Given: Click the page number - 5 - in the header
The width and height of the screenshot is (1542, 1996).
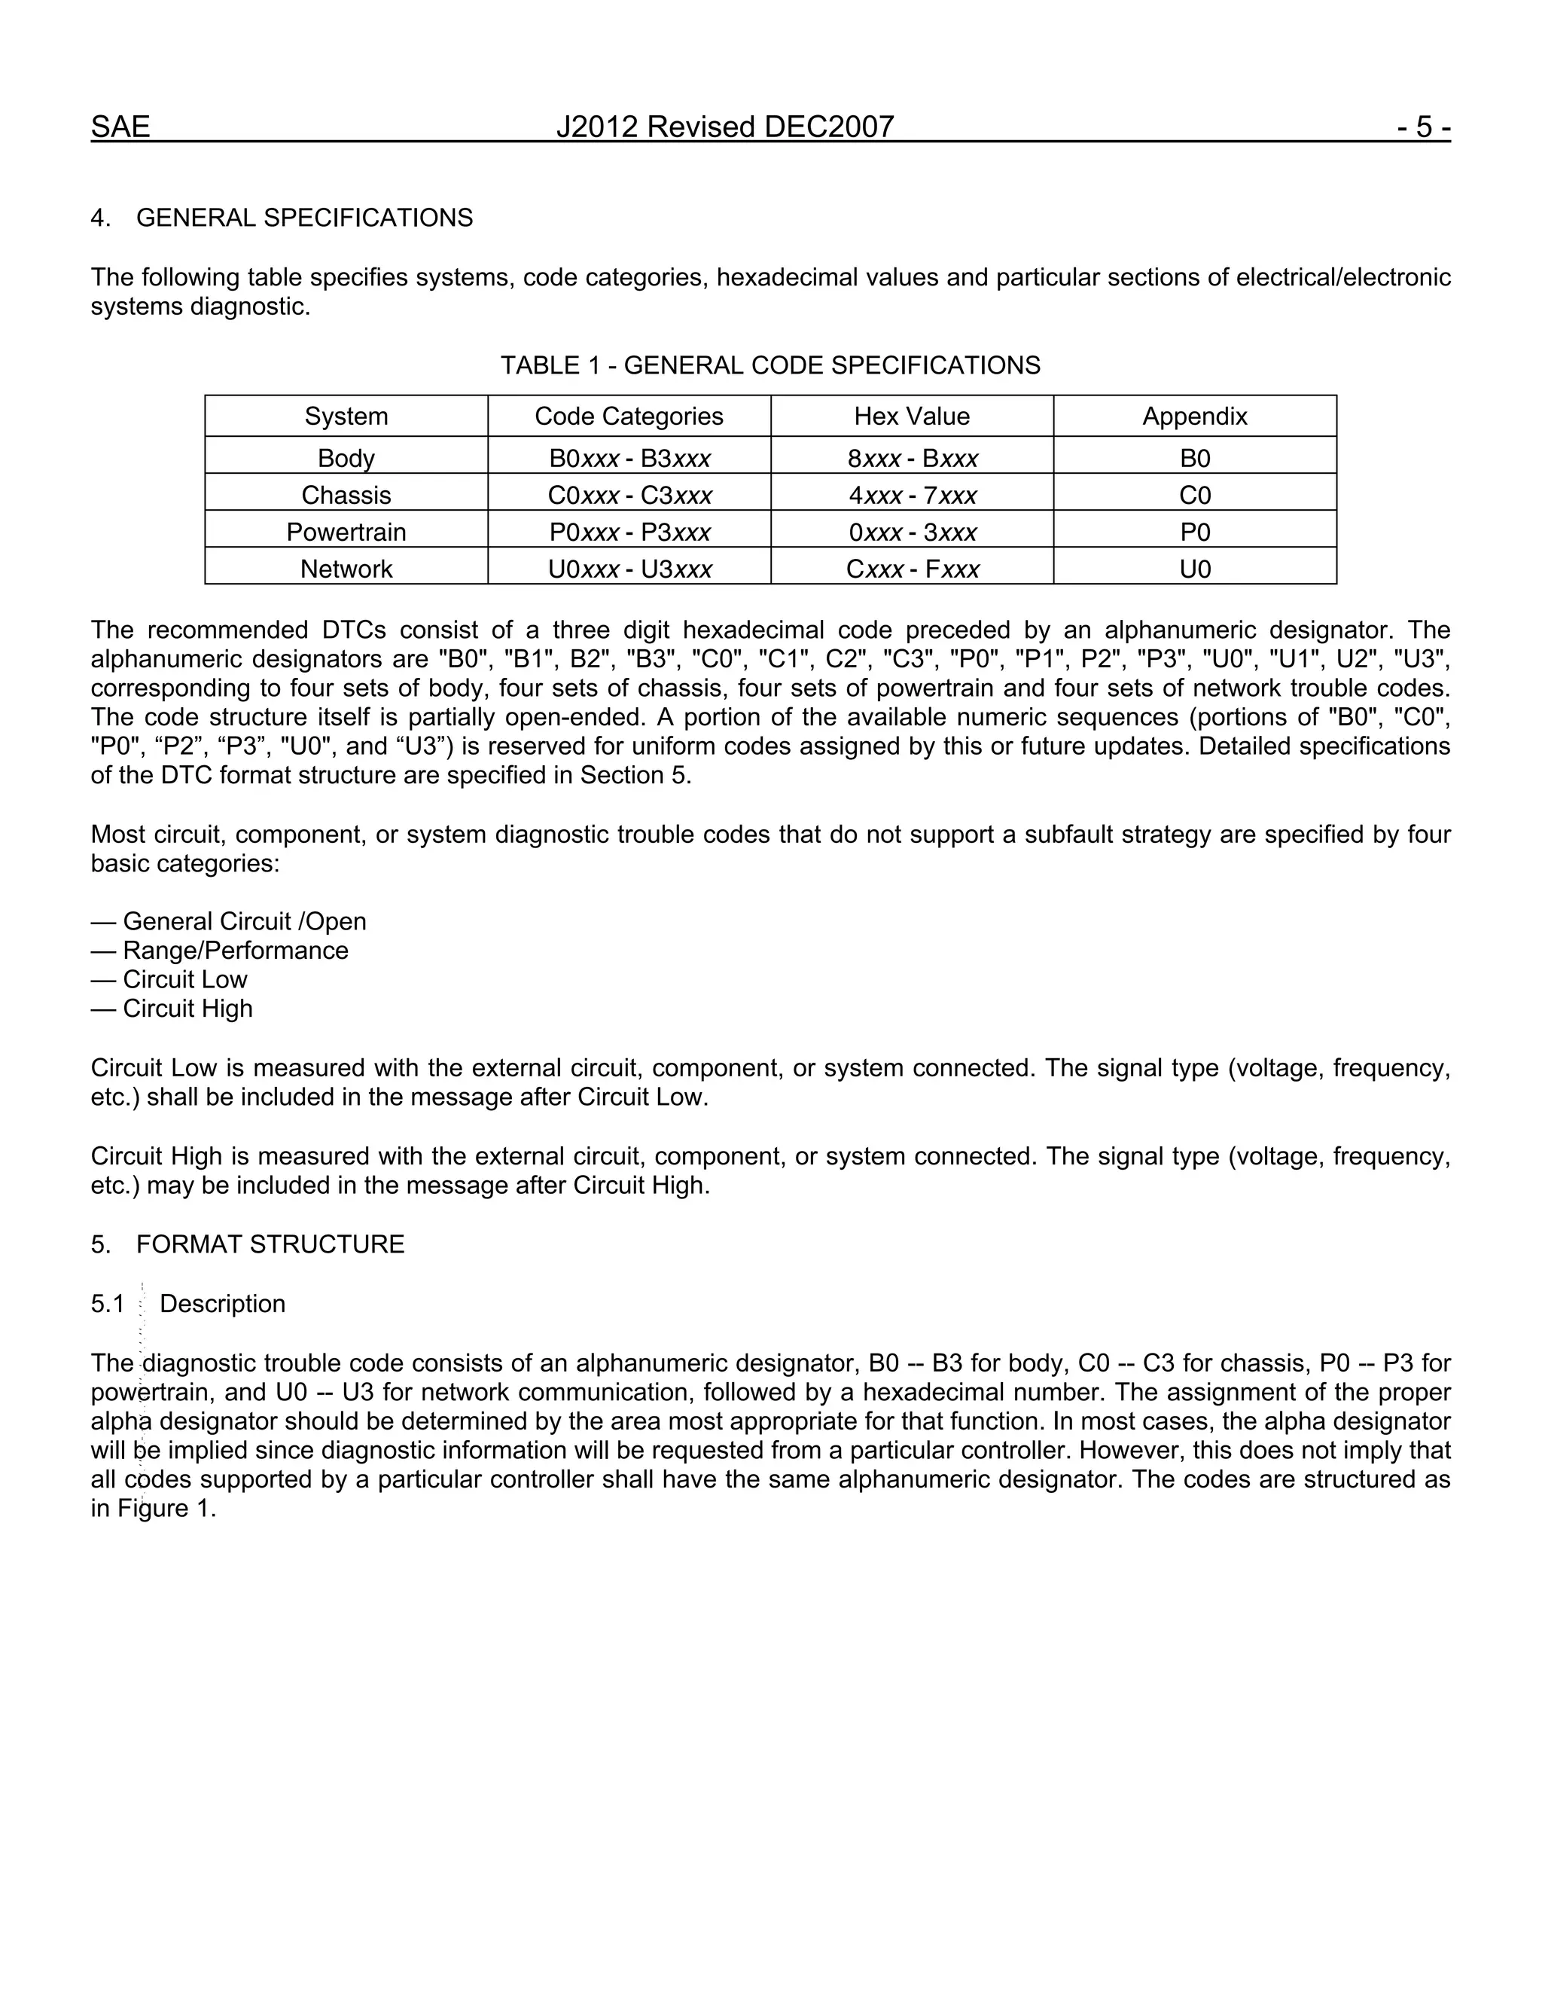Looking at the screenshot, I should [x=1422, y=127].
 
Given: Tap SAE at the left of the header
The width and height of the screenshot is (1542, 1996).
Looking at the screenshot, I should [x=120, y=127].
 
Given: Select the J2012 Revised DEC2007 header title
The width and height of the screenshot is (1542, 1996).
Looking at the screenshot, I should [x=724, y=127].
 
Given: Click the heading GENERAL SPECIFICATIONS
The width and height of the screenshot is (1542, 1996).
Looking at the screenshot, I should [x=304, y=218].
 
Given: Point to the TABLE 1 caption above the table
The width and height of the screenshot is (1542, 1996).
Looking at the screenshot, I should [x=770, y=365].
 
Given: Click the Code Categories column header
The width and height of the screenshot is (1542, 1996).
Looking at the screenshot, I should [x=629, y=417].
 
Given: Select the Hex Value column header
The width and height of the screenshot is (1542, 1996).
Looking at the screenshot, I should [x=912, y=417].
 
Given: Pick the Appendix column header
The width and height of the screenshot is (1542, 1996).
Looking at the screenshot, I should [x=1194, y=417].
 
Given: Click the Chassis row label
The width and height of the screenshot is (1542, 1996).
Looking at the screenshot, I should [x=346, y=496].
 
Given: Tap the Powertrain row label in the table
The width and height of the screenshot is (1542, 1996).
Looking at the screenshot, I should [x=346, y=532].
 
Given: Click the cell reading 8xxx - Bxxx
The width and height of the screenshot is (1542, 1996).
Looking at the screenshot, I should [x=912, y=458].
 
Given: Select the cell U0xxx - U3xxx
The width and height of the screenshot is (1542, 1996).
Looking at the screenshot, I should [x=629, y=569].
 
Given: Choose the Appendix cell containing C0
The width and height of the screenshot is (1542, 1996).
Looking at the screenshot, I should [x=1194, y=496].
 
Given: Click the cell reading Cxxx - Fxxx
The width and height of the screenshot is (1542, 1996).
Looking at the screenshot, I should [x=912, y=569].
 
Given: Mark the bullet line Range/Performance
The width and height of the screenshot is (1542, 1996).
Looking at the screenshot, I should [x=235, y=951].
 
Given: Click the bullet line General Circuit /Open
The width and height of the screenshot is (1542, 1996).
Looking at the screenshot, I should [x=244, y=921].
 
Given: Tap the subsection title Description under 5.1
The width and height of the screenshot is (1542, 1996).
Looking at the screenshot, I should [x=222, y=1304].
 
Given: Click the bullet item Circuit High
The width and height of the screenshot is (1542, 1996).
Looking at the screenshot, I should [x=187, y=1009].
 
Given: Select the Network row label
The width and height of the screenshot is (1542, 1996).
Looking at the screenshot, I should [x=346, y=569].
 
